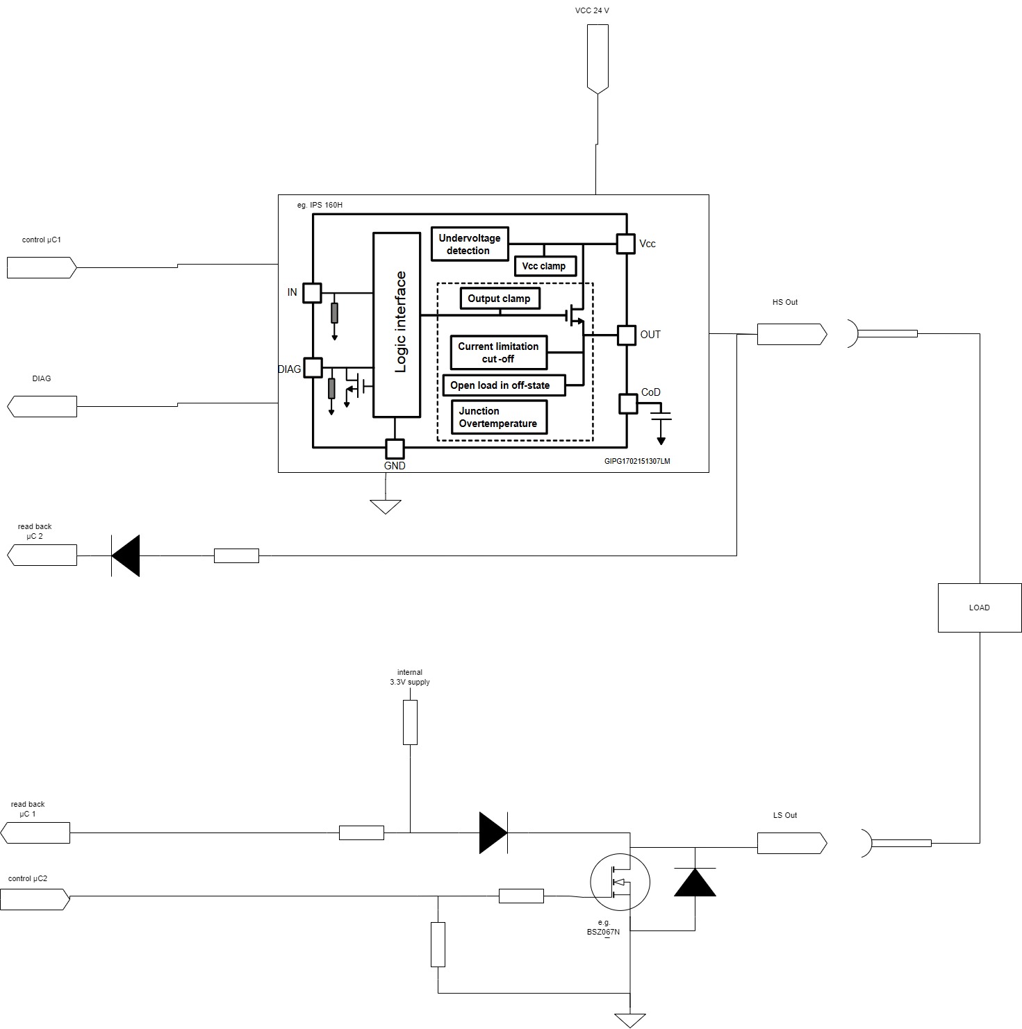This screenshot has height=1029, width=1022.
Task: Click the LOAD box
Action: pyautogui.click(x=979, y=608)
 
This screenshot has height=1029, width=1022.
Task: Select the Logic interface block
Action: pyautogui.click(x=397, y=324)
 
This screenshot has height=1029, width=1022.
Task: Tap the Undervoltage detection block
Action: pyautogui.click(x=470, y=244)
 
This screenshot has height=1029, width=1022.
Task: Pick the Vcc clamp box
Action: pyautogui.click(x=544, y=266)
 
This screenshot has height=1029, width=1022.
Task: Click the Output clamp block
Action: pyautogui.click(x=499, y=299)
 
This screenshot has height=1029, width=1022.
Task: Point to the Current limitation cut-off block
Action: pyautogui.click(x=498, y=353)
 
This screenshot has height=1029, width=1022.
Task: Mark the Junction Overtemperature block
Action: pyautogui.click(x=498, y=417)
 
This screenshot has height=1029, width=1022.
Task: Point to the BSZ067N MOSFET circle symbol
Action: pyautogui.click(x=620, y=882)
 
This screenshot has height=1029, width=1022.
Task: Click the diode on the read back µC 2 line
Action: pyautogui.click(x=126, y=555)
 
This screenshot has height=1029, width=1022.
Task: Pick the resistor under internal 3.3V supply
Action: pyautogui.click(x=410, y=722)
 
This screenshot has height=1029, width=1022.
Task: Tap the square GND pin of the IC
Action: pyautogui.click(x=395, y=448)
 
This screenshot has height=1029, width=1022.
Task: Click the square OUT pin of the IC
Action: pyautogui.click(x=627, y=335)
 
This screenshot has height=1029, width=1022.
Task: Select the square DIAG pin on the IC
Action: pyautogui.click(x=313, y=367)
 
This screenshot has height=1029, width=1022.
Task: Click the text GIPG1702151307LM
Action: pyautogui.click(x=637, y=461)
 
